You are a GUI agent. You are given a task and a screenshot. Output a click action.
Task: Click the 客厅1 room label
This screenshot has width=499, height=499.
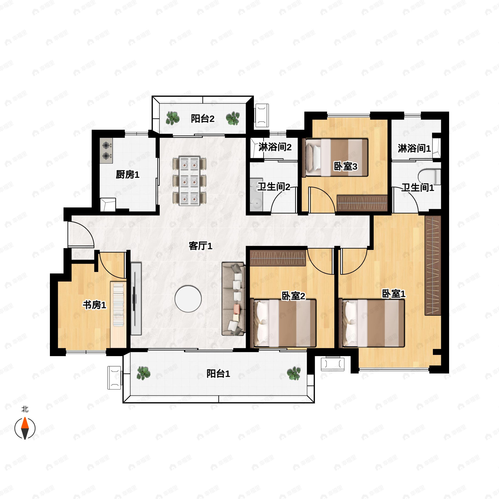pyautogui.click(x=200, y=246)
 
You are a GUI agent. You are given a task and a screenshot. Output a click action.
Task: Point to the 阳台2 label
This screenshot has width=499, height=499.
pyautogui.click(x=203, y=119)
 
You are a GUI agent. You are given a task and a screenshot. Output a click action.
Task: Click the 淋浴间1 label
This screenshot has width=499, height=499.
pyautogui.click(x=414, y=148)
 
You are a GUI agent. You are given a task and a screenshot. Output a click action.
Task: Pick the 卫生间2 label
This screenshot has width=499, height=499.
pyautogui.click(x=274, y=187)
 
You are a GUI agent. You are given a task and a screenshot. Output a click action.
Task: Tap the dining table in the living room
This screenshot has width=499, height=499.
pyautogui.click(x=189, y=181)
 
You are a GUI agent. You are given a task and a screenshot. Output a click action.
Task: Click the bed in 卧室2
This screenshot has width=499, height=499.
pyautogui.click(x=285, y=323)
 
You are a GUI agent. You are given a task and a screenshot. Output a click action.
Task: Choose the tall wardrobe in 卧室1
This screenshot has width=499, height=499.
pyautogui.click(x=433, y=266)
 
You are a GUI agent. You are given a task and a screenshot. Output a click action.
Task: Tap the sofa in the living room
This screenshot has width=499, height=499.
pyautogui.click(x=233, y=299)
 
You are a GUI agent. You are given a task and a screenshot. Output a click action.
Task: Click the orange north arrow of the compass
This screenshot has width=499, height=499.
pyautogui.click(x=25, y=423)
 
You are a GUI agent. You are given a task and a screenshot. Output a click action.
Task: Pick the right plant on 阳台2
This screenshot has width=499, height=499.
pyautogui.click(x=233, y=118)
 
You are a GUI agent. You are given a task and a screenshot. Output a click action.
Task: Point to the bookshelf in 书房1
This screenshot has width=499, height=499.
pyautogui.click(x=118, y=305)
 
